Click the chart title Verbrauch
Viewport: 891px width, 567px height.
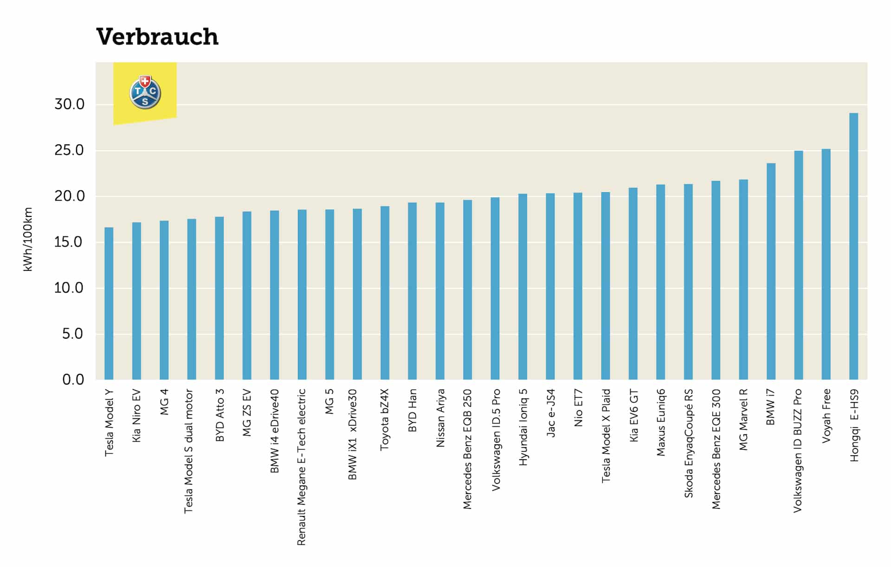[157, 37]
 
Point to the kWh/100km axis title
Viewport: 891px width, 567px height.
[28, 239]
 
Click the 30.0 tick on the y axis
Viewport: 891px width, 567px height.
[70, 104]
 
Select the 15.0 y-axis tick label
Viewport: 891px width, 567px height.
[70, 242]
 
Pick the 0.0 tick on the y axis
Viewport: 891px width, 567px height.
[73, 379]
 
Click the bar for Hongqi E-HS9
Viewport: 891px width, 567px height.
[853, 246]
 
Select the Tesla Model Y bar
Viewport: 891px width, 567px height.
[109, 303]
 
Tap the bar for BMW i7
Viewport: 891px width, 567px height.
[771, 271]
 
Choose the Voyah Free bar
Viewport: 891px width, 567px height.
[826, 264]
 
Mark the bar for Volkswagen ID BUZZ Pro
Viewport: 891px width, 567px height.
[799, 265]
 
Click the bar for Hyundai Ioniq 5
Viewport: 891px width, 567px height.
[523, 287]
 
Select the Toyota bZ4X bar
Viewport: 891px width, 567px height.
[385, 293]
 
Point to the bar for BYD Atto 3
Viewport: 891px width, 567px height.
[220, 298]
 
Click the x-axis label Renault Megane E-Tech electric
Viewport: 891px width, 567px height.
[302, 467]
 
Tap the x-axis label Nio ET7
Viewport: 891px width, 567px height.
[578, 408]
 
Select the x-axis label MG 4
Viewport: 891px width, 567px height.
[164, 402]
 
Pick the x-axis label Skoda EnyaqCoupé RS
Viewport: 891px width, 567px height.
[688, 443]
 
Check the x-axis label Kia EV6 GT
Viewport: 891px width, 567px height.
[633, 416]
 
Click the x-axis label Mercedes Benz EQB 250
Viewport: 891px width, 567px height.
[467, 449]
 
